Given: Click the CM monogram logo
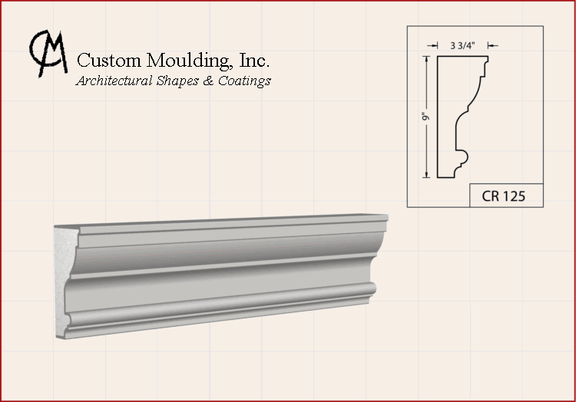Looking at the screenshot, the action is coord(49,54).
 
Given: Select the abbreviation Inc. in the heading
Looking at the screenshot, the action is coord(254,60).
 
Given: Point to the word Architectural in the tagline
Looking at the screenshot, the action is coord(114,81).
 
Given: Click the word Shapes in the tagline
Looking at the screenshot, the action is coord(178,81).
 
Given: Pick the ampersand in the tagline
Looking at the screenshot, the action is coord(208,81).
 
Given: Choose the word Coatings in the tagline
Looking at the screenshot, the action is coord(245,81).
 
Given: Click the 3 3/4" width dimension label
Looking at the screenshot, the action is coord(463,45).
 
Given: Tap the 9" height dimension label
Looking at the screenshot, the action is coord(425,117).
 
